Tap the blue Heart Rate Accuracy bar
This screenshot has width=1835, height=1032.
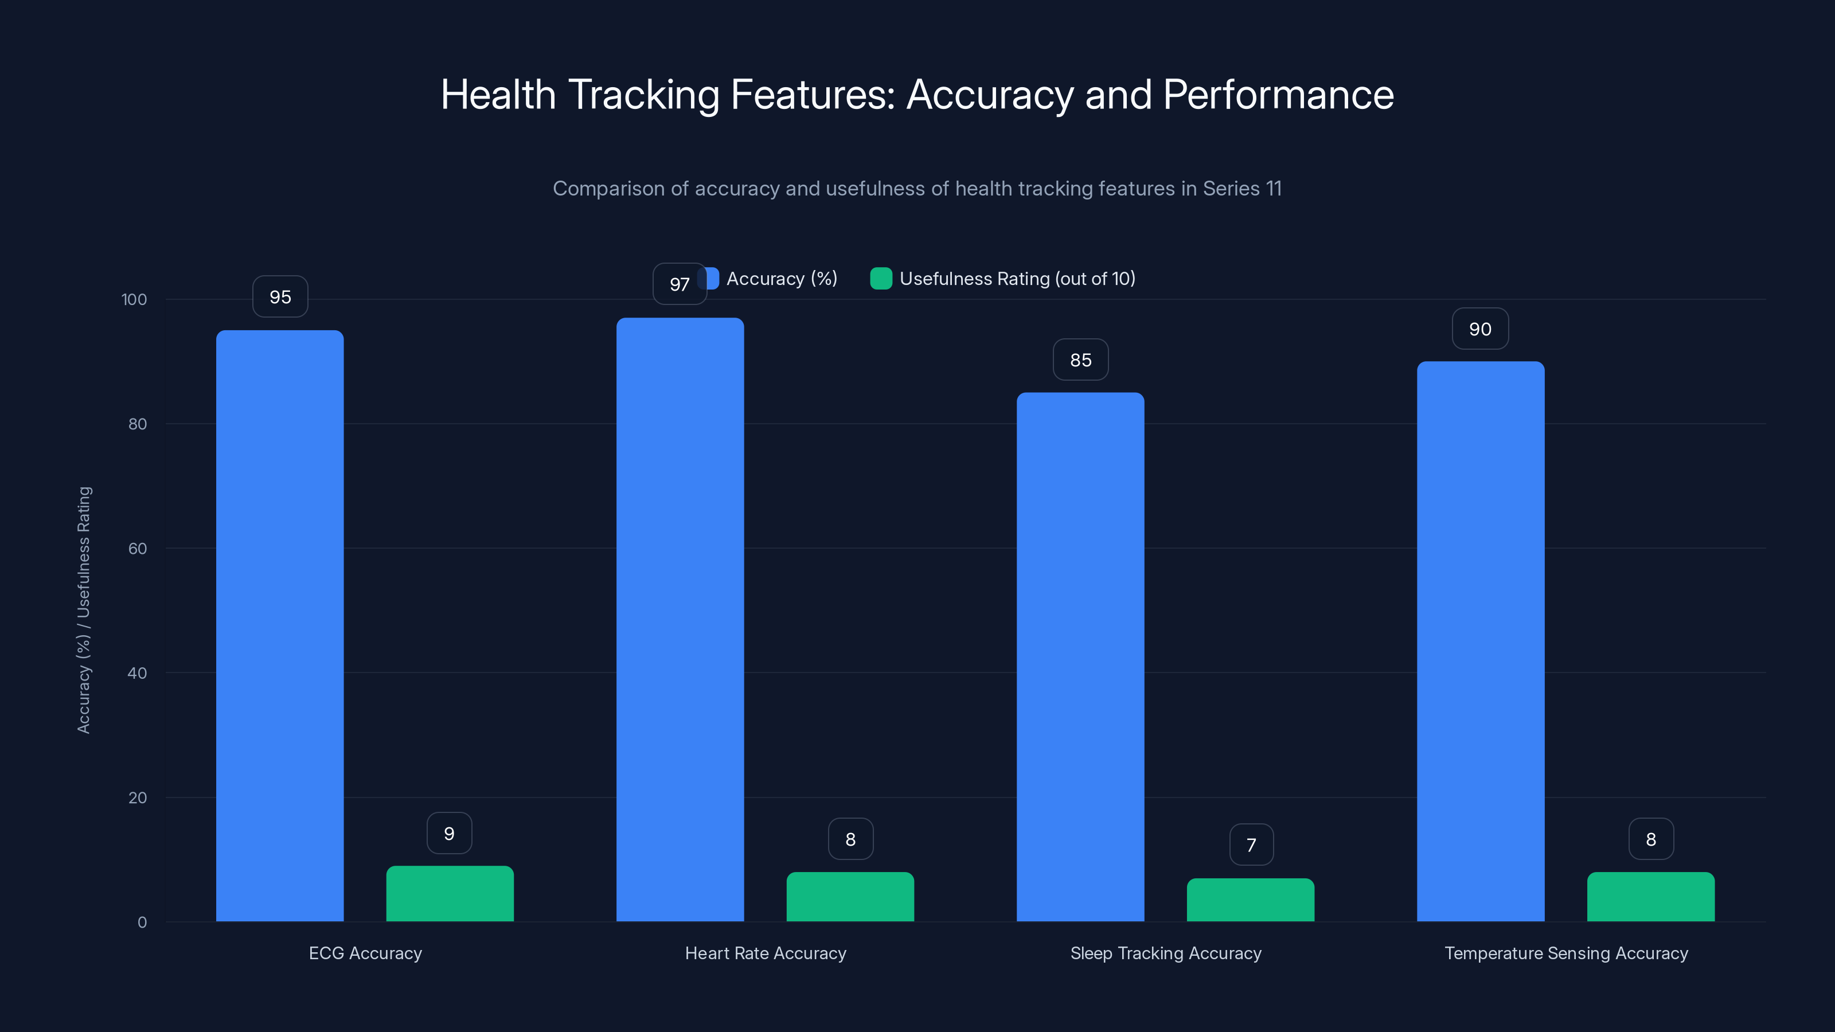tap(680, 620)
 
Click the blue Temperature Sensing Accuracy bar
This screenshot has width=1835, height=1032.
tap(1480, 641)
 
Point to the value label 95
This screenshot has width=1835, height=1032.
tap(280, 297)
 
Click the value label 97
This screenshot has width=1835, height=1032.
tap(680, 284)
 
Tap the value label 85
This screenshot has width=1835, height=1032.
tap(1080, 361)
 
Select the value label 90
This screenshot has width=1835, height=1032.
tap(1479, 329)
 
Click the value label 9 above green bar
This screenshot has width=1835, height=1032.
tap(449, 833)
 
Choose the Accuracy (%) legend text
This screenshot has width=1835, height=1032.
tap(782, 279)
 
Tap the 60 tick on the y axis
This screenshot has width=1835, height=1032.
tap(138, 549)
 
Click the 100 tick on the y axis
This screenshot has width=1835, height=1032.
tap(134, 299)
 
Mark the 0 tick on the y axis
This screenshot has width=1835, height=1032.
tap(142, 922)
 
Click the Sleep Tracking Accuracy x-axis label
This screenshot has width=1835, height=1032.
tap(1165, 953)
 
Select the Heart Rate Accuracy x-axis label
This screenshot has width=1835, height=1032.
tap(765, 953)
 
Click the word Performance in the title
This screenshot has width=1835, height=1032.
tap(1278, 95)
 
